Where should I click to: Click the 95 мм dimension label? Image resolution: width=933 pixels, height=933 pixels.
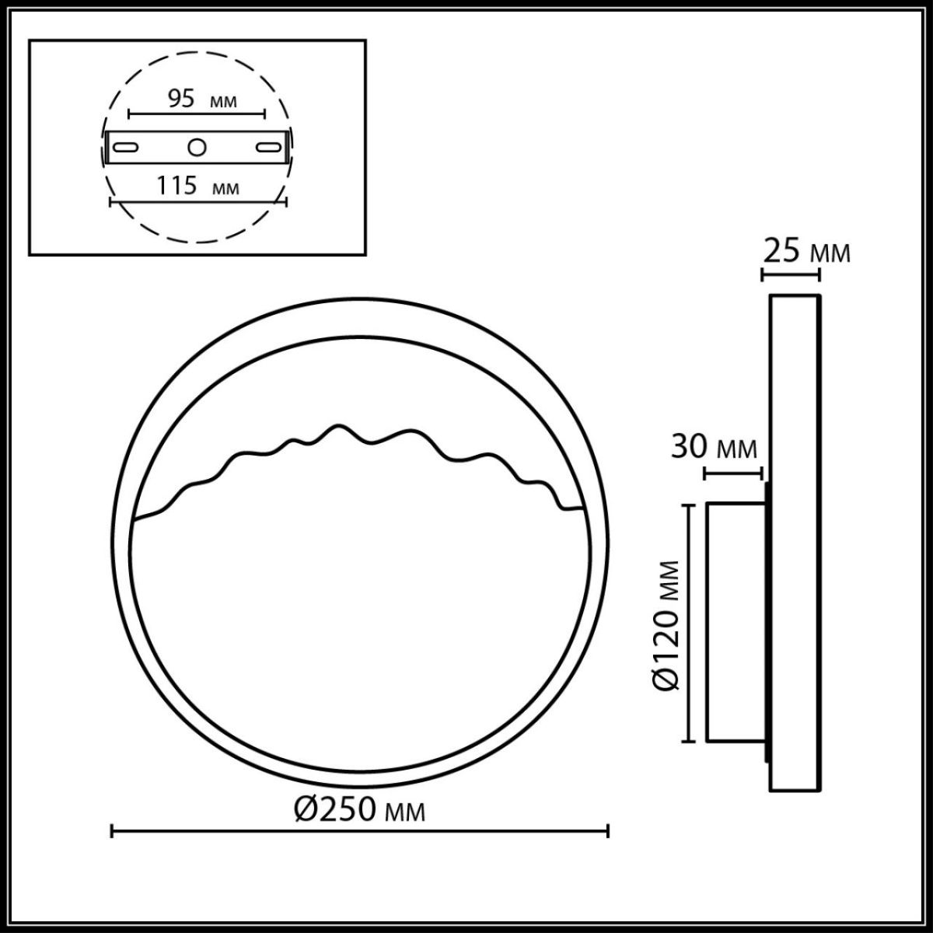(201, 100)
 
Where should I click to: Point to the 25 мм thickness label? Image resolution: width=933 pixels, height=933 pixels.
(805, 252)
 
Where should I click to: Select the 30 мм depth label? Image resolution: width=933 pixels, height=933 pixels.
(714, 449)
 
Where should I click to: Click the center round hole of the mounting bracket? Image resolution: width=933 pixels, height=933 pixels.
(197, 146)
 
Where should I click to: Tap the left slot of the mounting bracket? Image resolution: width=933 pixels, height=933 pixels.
(125, 146)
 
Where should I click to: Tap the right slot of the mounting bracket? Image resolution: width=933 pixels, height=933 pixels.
(270, 146)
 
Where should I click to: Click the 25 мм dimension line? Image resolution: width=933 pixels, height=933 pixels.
(790, 274)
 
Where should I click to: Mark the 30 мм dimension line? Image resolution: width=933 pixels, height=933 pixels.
(732, 472)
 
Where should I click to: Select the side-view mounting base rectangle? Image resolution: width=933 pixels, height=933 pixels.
(735, 622)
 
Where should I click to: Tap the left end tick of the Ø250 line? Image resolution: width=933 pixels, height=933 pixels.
(113, 831)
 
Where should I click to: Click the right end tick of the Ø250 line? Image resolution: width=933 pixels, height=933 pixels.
(607, 831)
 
